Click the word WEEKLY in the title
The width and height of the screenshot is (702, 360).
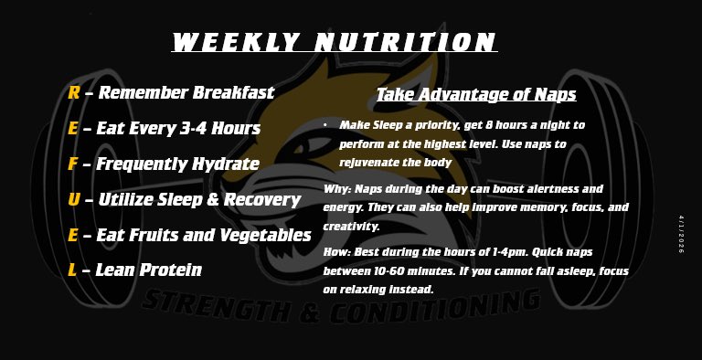click(x=235, y=42)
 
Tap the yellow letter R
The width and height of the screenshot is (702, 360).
click(x=73, y=92)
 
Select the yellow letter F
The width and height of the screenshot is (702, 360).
click(x=72, y=164)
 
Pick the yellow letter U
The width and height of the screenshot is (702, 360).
click(x=73, y=199)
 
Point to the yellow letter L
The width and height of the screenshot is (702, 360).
click(x=71, y=270)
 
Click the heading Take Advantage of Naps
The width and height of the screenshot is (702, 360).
click(x=476, y=94)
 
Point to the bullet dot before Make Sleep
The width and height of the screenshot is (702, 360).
click(x=325, y=124)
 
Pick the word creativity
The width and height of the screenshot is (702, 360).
click(x=353, y=226)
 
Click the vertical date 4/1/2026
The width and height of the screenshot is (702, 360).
click(x=681, y=235)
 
